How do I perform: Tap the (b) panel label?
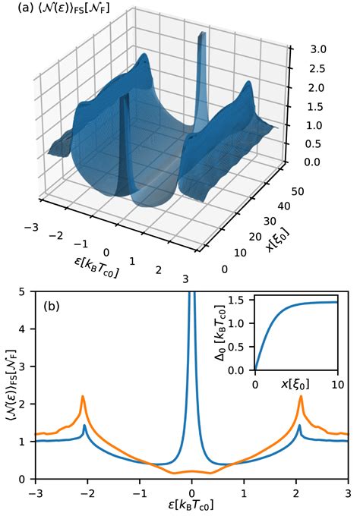click(52, 308)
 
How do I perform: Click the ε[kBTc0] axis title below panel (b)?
click(192, 505)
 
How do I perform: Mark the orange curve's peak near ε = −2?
click(83, 396)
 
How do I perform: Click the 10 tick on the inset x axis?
click(337, 380)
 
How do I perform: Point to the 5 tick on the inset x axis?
click(296, 380)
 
